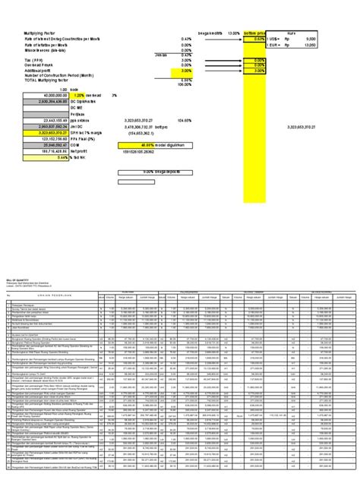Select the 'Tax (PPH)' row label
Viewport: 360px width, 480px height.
(x=32, y=60)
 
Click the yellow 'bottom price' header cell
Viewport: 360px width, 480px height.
(x=255, y=33)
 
